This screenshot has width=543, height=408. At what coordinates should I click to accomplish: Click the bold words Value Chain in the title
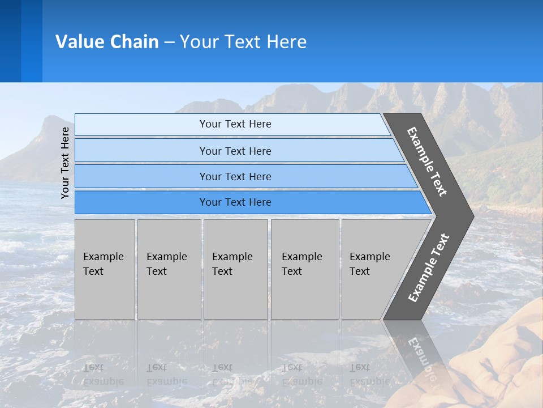tap(107, 41)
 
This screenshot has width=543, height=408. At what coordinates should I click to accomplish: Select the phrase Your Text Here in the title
tap(243, 41)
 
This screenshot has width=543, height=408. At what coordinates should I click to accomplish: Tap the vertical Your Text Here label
tap(65, 163)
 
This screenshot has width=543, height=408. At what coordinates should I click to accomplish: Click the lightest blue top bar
tap(235, 124)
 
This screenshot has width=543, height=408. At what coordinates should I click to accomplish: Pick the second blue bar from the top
tap(235, 151)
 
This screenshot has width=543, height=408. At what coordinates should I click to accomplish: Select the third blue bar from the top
tap(235, 176)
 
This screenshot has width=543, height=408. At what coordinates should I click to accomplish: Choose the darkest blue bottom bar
tap(235, 202)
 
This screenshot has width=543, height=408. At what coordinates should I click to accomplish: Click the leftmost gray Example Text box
tap(105, 269)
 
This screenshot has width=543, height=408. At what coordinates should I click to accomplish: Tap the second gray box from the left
tap(169, 269)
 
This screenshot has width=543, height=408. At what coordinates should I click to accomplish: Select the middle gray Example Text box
tap(235, 269)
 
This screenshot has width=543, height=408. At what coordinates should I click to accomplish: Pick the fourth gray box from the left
tap(305, 269)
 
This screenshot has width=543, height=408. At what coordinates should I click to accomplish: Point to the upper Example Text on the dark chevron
tap(427, 161)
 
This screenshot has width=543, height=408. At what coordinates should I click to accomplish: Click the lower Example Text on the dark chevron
tap(429, 267)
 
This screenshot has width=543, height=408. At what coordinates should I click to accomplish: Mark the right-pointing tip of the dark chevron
tap(471, 216)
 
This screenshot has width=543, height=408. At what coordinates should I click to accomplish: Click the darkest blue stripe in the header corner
tap(10, 41)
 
